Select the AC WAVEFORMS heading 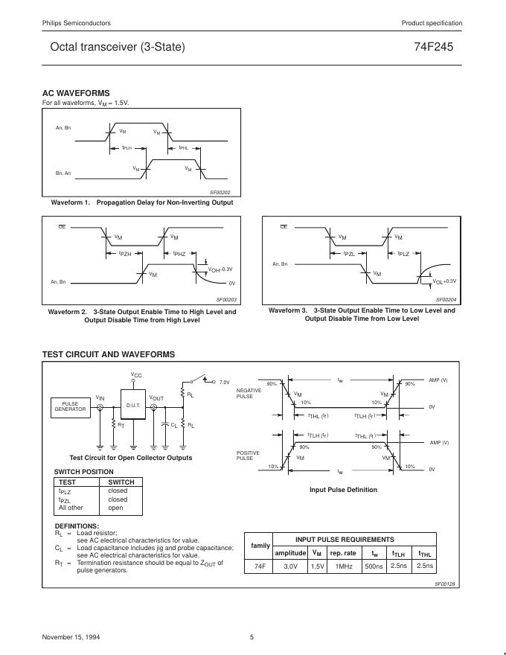(x=76, y=93)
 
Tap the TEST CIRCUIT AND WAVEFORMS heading (x=109, y=354)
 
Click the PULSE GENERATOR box (x=70, y=406)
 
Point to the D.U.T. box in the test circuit (x=133, y=406)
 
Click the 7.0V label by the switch (x=225, y=382)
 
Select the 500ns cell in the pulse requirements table (x=374, y=566)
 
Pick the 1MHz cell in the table (x=343, y=566)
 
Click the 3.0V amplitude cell (x=290, y=566)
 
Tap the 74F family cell (x=260, y=566)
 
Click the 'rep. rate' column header (x=343, y=553)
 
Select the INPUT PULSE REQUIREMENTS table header (x=345, y=540)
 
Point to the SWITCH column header (x=121, y=482)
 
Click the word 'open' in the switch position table (x=116, y=508)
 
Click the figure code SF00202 (x=220, y=192)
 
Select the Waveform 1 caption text (x=141, y=202)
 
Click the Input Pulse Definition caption (x=343, y=490)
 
